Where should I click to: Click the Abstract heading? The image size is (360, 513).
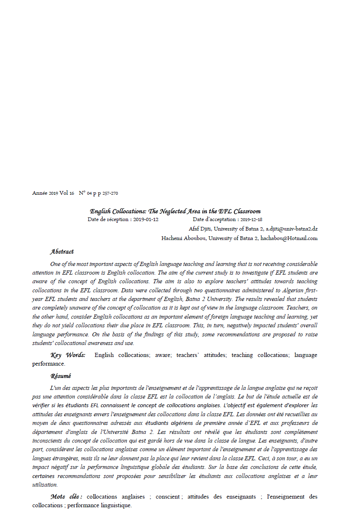(x=62, y=252)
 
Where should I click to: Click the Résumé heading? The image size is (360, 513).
(x=60, y=376)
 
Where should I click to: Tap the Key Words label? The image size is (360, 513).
(x=68, y=355)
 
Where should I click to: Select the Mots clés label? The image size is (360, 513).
(x=66, y=497)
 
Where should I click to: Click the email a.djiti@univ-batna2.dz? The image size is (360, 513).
(x=291, y=229)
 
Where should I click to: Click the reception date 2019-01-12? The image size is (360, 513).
(x=146, y=219)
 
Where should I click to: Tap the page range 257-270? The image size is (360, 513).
(x=110, y=193)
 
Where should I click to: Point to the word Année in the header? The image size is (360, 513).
(x=40, y=193)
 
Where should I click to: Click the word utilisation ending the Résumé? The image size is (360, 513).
(x=45, y=485)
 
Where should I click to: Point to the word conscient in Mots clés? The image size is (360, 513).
(x=170, y=497)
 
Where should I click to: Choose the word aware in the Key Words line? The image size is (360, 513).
(x=163, y=355)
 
